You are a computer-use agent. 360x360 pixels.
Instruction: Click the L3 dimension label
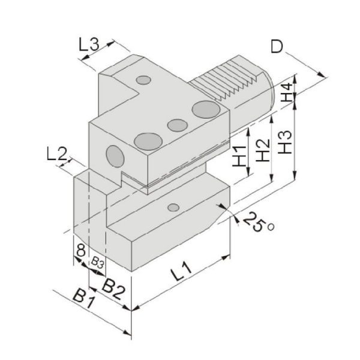pyautogui.click(x=89, y=44)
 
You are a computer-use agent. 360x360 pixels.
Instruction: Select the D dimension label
pyautogui.click(x=277, y=47)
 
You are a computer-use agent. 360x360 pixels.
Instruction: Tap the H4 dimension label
pyautogui.click(x=287, y=92)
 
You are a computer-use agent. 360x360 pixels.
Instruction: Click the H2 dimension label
pyautogui.click(x=263, y=150)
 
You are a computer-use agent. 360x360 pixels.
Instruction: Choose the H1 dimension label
pyautogui.click(x=239, y=156)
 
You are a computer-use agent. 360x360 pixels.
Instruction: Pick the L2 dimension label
pyautogui.click(x=57, y=154)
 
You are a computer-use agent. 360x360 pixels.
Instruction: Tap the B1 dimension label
pyautogui.click(x=84, y=299)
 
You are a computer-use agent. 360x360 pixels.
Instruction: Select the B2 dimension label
pyautogui.click(x=113, y=289)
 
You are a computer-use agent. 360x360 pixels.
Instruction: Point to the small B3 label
pyautogui.click(x=97, y=263)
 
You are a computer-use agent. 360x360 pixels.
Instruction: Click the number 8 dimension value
pyautogui.click(x=81, y=250)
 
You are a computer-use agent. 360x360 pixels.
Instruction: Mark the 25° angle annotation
pyautogui.click(x=258, y=221)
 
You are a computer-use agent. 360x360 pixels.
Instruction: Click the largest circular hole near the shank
pyautogui.click(x=206, y=110)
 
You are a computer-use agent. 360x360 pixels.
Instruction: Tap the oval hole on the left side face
pyautogui.click(x=115, y=156)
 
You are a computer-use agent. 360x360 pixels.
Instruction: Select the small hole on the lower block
pyautogui.click(x=173, y=208)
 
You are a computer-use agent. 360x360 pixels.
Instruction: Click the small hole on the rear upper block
pyautogui.click(x=143, y=80)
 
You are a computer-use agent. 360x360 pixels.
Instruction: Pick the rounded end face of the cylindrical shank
pyautogui.click(x=269, y=92)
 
